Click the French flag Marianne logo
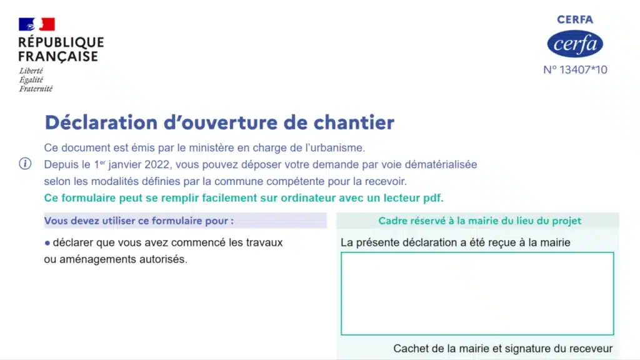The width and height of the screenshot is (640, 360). coord(37,24)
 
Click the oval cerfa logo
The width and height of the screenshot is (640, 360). coord(574,44)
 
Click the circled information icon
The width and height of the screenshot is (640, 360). coord(25,164)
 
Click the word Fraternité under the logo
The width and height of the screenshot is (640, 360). coord(36,89)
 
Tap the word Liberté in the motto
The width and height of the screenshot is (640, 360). coord(31,71)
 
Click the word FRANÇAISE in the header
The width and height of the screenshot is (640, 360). coord(58,57)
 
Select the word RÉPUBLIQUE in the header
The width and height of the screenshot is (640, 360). coord(61,42)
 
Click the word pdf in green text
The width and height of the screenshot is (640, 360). coord(432,198)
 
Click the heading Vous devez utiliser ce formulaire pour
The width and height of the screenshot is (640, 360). coord(139,221)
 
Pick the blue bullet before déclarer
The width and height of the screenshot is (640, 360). coord(47,242)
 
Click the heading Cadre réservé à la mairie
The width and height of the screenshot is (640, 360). coord(479,221)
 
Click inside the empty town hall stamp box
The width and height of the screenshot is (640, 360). coord(477,293)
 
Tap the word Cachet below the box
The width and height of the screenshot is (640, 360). coord(411,349)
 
